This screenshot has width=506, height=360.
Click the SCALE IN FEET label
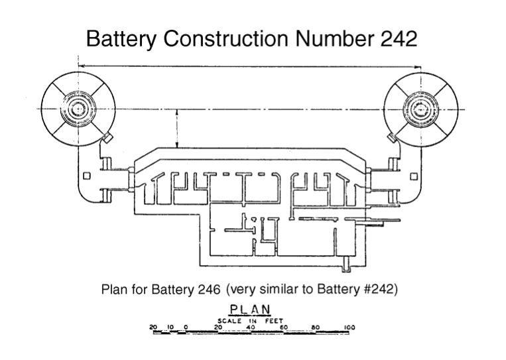(250, 320)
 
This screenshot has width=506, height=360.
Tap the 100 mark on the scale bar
(349, 327)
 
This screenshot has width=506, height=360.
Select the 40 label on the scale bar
(250, 327)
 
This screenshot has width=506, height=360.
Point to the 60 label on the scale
(283, 327)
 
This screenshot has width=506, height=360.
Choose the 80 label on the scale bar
(316, 327)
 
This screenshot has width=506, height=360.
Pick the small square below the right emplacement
(414, 176)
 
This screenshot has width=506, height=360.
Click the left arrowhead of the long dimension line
(80, 65)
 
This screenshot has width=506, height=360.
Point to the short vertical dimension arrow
(177, 129)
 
